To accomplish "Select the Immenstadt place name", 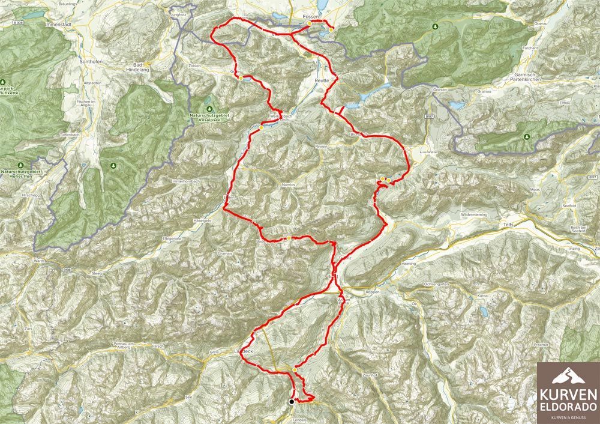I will (x=62, y=25).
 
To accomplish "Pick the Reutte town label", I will (x=323, y=79).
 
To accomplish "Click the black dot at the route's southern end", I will (x=292, y=402).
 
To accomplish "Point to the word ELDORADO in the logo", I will (x=568, y=407).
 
